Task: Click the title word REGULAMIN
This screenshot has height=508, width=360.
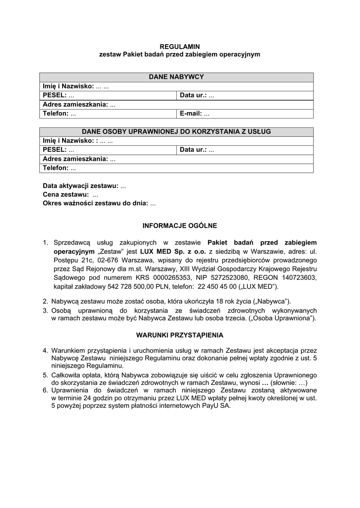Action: [x=180, y=46]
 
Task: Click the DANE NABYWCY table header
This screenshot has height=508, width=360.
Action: [x=176, y=77]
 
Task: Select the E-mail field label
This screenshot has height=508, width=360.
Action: [x=191, y=114]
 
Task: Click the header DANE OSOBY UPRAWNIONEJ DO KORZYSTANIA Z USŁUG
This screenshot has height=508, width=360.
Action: [x=176, y=131]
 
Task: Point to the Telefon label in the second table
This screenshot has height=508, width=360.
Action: [x=56, y=168]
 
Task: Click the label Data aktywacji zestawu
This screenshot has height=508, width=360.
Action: [x=80, y=186]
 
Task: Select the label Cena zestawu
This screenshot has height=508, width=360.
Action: [x=66, y=194]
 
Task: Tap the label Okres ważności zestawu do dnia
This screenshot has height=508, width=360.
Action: [x=95, y=203]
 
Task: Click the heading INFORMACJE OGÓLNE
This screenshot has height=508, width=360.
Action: [x=180, y=226]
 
